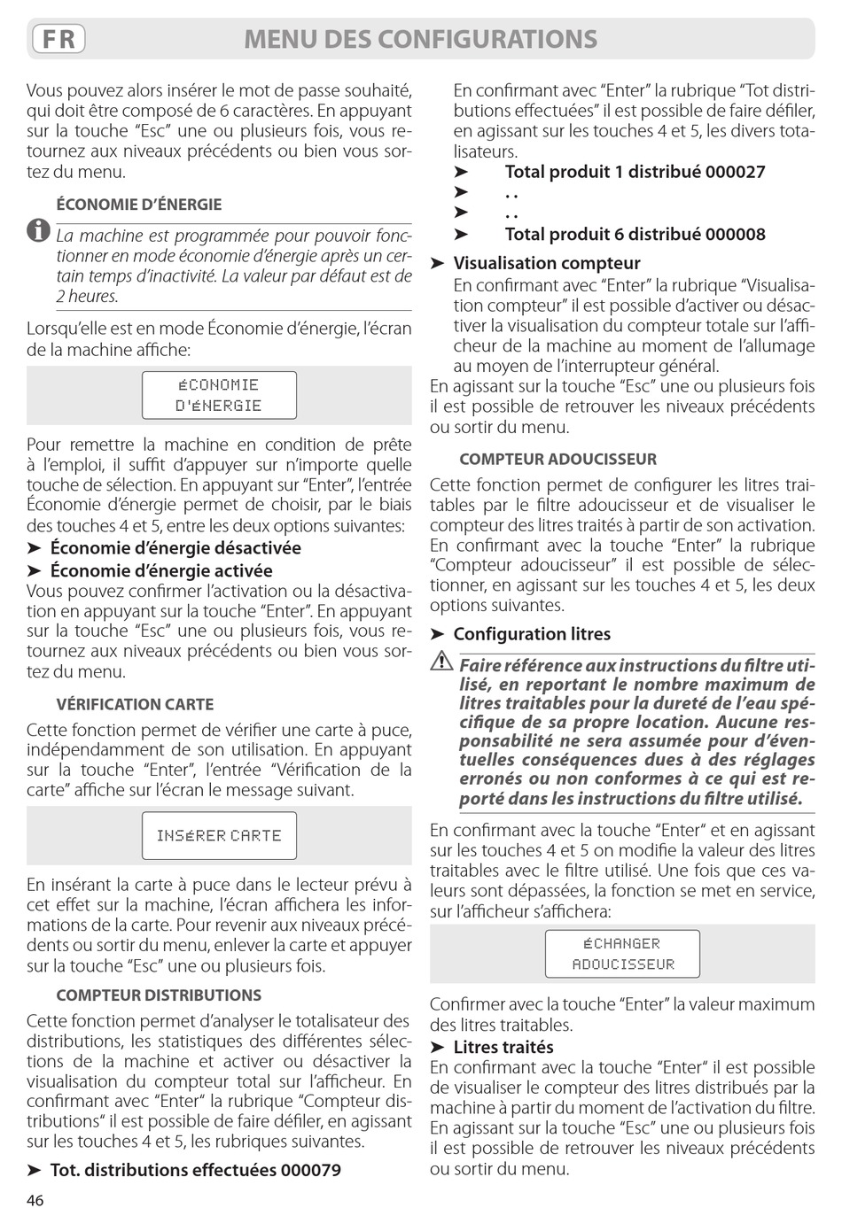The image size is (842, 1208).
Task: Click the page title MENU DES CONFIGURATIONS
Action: [x=420, y=39]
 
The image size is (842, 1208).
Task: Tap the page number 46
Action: [x=35, y=1199]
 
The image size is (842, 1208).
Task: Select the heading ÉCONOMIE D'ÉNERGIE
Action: [x=139, y=205]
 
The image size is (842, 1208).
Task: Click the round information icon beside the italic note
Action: [x=38, y=232]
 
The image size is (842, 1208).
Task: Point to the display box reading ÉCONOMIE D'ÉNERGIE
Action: [x=219, y=395]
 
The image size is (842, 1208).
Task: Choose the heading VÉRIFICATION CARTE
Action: [x=135, y=705]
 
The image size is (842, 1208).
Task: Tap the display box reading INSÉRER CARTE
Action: [x=219, y=835]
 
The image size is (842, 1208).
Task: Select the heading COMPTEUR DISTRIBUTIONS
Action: [x=159, y=995]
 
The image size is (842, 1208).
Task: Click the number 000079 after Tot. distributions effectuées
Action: [x=311, y=1170]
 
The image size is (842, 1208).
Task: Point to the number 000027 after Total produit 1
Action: [x=736, y=172]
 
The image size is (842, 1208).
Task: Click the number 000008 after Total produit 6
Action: [x=736, y=235]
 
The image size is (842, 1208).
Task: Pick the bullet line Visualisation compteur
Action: [x=546, y=263]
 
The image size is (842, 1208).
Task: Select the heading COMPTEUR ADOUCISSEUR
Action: [x=557, y=460]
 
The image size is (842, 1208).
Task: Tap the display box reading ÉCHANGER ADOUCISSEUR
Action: [x=622, y=954]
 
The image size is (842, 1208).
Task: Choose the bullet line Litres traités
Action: [x=503, y=1047]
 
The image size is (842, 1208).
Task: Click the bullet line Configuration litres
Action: [x=532, y=634]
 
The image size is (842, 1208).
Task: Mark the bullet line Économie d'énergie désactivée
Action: [x=175, y=548]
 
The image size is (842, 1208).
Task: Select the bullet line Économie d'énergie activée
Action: [x=161, y=571]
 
